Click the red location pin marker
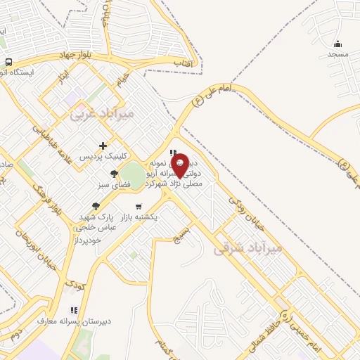180,165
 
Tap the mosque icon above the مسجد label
337,44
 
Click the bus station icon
8,61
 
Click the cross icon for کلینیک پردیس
103,146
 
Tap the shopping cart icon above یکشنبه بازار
139,207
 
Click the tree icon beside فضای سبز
115,174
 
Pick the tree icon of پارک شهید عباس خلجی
95,206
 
